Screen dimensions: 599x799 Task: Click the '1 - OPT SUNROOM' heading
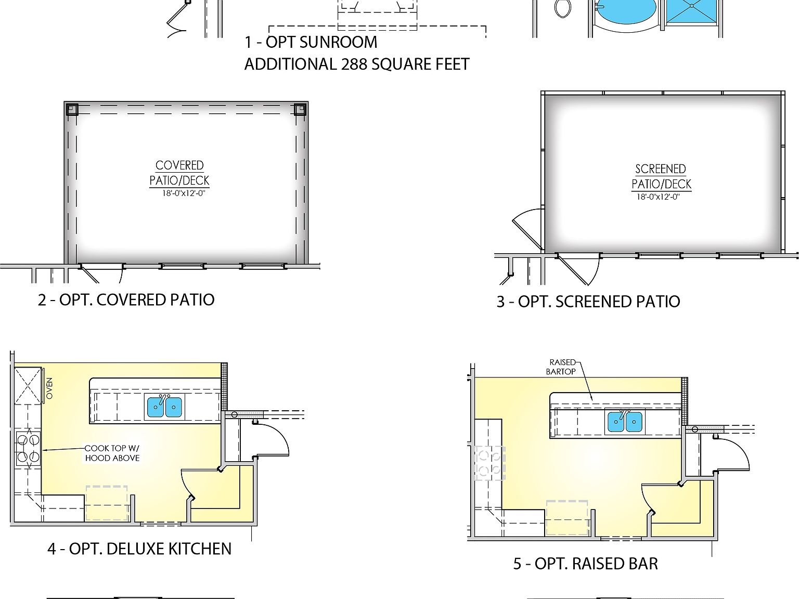[x=311, y=42]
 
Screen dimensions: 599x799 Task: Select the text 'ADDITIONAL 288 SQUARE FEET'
[x=357, y=64]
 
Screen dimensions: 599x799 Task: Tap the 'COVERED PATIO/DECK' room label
[x=179, y=173]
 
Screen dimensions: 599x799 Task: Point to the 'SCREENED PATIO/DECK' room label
[x=661, y=177]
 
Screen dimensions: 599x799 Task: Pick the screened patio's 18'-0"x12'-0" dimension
[x=658, y=197]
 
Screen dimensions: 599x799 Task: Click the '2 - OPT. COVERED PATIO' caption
[x=126, y=300]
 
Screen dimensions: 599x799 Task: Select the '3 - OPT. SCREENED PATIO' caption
[x=588, y=302]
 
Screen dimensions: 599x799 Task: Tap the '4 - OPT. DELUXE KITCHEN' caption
[x=139, y=549]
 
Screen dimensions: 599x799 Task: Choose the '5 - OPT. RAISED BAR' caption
[x=585, y=564]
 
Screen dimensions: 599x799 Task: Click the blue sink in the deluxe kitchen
[x=164, y=407]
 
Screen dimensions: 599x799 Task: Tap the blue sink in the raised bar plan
[x=625, y=422]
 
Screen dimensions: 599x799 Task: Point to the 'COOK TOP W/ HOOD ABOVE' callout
[x=112, y=453]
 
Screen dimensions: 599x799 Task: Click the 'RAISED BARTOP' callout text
[x=561, y=367]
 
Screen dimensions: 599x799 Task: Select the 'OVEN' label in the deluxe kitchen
[x=49, y=388]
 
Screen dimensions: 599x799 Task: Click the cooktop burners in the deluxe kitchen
[x=28, y=449]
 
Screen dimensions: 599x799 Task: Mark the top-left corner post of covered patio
[x=72, y=109]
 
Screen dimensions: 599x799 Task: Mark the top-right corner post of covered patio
[x=300, y=109]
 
